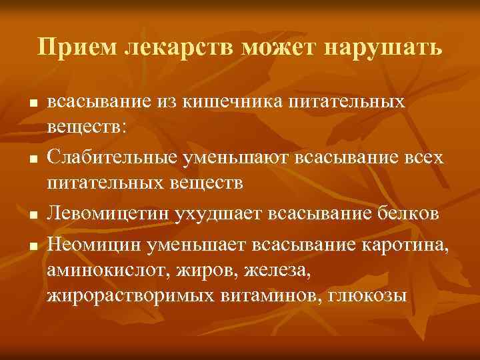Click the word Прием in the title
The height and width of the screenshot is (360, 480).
coord(69,47)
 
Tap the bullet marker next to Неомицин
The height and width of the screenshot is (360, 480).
coord(33,245)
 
